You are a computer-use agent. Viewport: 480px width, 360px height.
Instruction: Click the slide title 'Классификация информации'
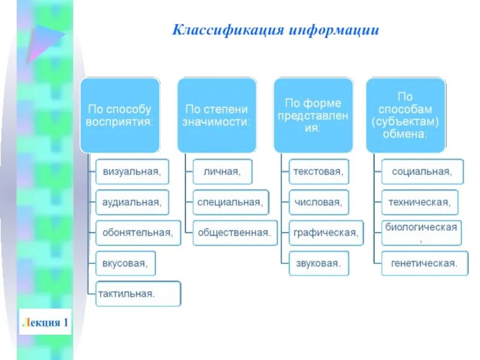click(276, 30)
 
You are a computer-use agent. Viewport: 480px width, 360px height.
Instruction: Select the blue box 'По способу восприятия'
click(120, 115)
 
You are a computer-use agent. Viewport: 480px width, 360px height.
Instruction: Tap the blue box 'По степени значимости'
click(217, 115)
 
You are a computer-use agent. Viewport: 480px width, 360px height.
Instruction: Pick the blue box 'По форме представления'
click(313, 115)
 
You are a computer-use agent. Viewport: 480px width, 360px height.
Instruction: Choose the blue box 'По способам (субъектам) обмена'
click(406, 115)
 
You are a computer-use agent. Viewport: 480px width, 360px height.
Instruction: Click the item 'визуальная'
click(132, 172)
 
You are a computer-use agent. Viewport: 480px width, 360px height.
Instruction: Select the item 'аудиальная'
click(132, 202)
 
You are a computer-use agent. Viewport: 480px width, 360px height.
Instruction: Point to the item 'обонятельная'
click(138, 232)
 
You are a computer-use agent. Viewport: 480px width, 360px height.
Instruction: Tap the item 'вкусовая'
click(125, 263)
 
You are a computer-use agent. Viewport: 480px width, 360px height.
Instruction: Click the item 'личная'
click(223, 172)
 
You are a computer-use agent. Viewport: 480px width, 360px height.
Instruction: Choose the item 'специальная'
click(230, 202)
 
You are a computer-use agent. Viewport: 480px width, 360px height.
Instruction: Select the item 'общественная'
click(235, 232)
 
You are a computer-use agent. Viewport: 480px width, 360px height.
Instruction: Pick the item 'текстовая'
click(318, 172)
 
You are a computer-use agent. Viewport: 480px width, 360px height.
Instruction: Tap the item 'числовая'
click(318, 202)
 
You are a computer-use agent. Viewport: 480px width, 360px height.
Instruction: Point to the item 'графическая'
click(326, 232)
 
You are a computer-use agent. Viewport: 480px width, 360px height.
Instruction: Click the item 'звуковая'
click(318, 263)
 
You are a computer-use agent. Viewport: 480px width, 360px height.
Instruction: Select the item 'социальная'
click(422, 172)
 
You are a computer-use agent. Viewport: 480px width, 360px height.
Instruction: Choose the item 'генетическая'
click(424, 263)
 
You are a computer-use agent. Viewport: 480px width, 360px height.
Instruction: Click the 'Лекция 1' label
click(44, 323)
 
